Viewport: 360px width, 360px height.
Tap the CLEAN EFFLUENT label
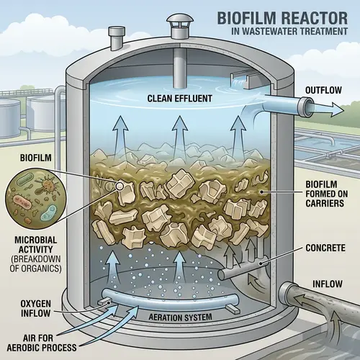[x=178, y=99]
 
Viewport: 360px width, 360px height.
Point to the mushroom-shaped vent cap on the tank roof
[x=178, y=27]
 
